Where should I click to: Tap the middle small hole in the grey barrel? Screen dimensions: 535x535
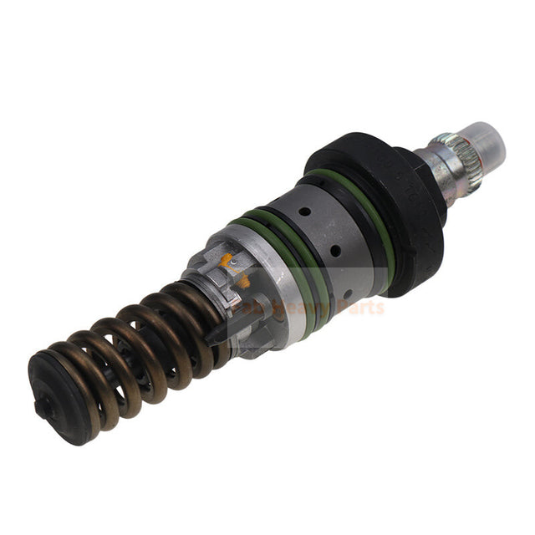pyautogui.click(x=334, y=251)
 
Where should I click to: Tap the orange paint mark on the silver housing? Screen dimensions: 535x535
pyautogui.click(x=227, y=260)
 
